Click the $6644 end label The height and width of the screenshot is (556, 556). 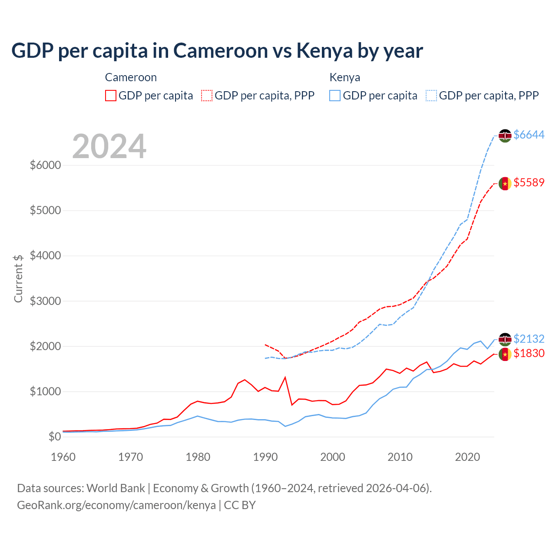pyautogui.click(x=529, y=135)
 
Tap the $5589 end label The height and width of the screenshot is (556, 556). pyautogui.click(x=529, y=183)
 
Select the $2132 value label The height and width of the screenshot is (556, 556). pyautogui.click(x=529, y=339)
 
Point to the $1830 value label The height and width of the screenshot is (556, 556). pyautogui.click(x=529, y=354)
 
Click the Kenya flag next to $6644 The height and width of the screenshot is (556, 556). pyautogui.click(x=505, y=136)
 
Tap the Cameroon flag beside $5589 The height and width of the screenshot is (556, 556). pyautogui.click(x=505, y=184)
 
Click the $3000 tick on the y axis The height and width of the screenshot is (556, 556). pyautogui.click(x=45, y=301)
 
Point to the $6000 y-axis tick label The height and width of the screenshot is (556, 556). pyautogui.click(x=45, y=165)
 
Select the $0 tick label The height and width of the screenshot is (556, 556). pyautogui.click(x=54, y=437)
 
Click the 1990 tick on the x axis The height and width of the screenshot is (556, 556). pyautogui.click(x=265, y=457)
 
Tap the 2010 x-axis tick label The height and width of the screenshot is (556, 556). pyautogui.click(x=400, y=457)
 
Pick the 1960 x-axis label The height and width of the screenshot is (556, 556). pyautogui.click(x=63, y=457)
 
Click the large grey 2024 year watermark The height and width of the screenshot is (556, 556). pyautogui.click(x=109, y=146)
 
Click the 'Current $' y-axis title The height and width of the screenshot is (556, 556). pyautogui.click(x=18, y=278)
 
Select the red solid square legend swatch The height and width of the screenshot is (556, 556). pyautogui.click(x=111, y=96)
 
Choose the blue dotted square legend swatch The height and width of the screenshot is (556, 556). pyautogui.click(x=431, y=96)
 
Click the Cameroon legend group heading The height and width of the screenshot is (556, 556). pyautogui.click(x=131, y=77)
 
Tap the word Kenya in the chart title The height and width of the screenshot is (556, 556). pyautogui.click(x=324, y=51)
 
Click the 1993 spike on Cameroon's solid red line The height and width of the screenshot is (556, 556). pyautogui.click(x=285, y=377)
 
